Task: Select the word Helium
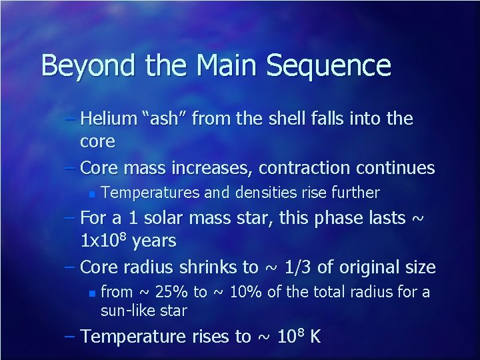[107, 119]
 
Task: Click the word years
[155, 241]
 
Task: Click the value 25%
[173, 292]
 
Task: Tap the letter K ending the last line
[314, 337]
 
